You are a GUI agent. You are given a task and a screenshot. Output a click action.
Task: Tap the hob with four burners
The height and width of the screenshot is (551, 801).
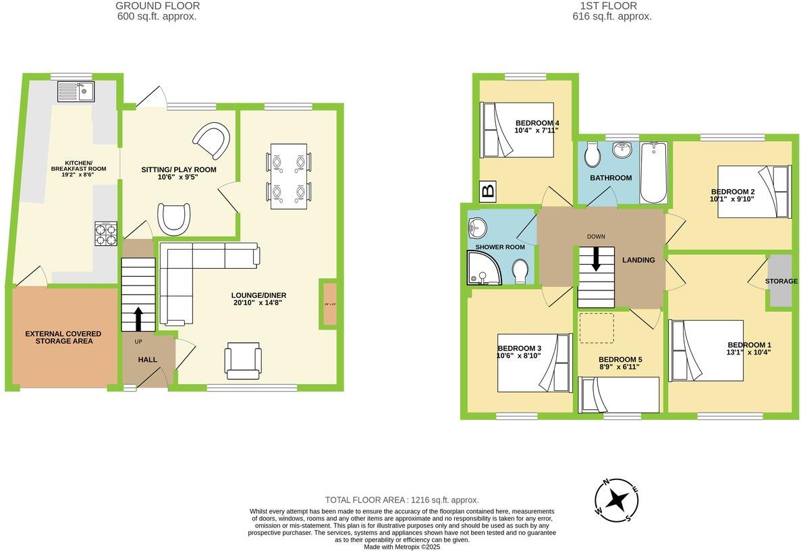point(105,234)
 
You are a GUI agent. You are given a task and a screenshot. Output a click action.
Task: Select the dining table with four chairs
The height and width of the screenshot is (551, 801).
point(289,176)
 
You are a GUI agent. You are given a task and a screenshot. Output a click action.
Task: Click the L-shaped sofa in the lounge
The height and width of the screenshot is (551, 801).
point(196,270)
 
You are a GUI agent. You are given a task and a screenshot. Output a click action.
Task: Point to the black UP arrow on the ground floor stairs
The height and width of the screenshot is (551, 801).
point(138,318)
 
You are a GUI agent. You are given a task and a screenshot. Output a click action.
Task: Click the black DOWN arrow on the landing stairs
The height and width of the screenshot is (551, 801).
point(596,259)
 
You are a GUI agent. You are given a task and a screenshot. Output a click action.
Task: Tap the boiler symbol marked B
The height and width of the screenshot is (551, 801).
point(487,192)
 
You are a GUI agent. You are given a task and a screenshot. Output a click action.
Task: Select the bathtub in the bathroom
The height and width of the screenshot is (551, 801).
point(653,172)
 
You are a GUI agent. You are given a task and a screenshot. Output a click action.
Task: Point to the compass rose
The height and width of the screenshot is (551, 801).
point(615,500)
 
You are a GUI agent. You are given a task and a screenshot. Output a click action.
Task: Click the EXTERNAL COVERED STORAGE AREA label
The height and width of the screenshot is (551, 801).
point(63,338)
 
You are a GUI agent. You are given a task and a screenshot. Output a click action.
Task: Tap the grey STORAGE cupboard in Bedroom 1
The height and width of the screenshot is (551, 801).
point(779,281)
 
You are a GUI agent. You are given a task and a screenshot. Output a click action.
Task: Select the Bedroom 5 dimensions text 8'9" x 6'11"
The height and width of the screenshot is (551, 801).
point(619,367)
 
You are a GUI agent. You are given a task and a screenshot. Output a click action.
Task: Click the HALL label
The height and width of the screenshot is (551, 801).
point(147,360)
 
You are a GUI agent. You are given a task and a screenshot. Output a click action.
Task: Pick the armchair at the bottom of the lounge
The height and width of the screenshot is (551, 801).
point(243,360)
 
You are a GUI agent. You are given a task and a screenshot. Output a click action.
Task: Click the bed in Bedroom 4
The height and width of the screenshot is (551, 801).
point(516,130)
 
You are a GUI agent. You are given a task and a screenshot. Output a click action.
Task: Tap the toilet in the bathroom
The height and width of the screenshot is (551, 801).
point(592,155)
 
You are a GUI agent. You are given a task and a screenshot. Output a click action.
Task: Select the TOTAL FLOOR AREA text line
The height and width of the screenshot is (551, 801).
point(402,500)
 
